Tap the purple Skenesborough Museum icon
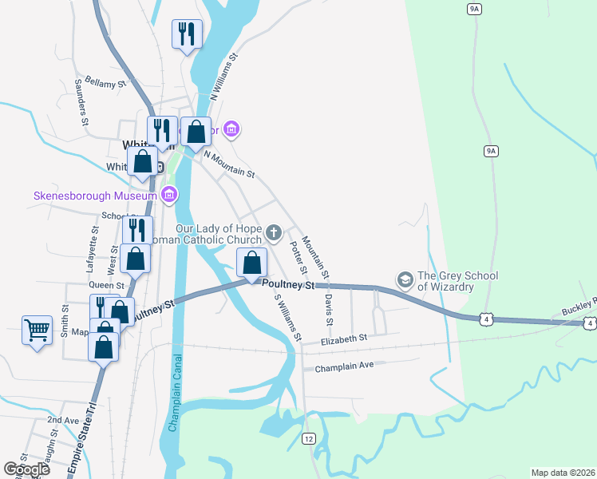[x=169, y=194]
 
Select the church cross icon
[x=274, y=233]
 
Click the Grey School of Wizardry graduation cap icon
[x=405, y=279]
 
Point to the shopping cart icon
[x=37, y=329]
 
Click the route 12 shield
[x=309, y=438]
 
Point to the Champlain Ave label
[x=344, y=368]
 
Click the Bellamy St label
[x=106, y=82]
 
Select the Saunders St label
[x=80, y=101]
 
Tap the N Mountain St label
[x=229, y=164]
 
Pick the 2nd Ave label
[x=64, y=419]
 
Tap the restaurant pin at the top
[x=187, y=34]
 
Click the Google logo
[x=26, y=469]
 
